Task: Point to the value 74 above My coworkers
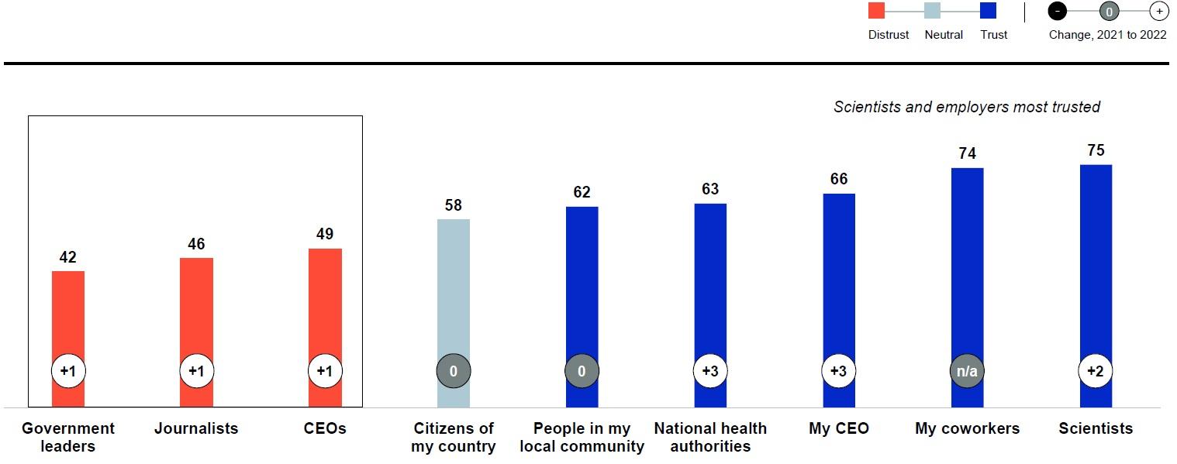click(x=967, y=153)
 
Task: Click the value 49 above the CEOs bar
click(x=325, y=234)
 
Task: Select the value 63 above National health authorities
click(x=710, y=189)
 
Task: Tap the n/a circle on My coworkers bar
click(x=967, y=372)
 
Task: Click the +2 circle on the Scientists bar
click(x=1095, y=372)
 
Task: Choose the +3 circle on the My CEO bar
click(x=838, y=372)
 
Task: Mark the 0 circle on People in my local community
click(x=582, y=372)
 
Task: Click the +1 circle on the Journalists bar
click(x=196, y=372)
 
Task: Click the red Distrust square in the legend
click(x=876, y=11)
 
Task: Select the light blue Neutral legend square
click(x=932, y=11)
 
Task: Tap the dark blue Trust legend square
click(x=988, y=11)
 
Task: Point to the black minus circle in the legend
click(x=1058, y=12)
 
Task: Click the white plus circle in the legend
click(x=1158, y=12)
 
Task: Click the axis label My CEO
click(x=838, y=428)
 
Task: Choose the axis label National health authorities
click(x=710, y=437)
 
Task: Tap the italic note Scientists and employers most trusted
click(x=967, y=107)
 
